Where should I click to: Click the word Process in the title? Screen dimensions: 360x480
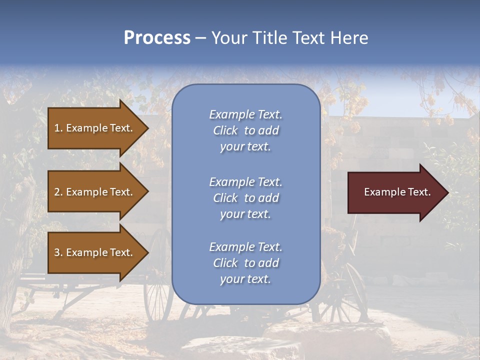[x=157, y=38]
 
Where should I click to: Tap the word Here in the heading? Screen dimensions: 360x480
[x=349, y=38]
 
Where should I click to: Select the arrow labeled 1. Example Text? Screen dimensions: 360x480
[x=95, y=128]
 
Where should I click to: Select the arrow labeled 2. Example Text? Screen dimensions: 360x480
[x=95, y=192]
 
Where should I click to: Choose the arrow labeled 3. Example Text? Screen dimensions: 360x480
[x=95, y=252]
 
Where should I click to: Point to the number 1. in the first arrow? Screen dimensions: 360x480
[x=58, y=128]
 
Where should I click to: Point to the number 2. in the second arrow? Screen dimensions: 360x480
[x=58, y=192]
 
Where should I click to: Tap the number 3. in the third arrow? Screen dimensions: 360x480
[x=58, y=252]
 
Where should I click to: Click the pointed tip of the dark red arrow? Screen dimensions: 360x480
[x=446, y=192]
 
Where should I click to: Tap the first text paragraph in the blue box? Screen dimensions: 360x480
[x=245, y=130]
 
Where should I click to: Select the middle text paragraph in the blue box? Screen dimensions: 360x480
[x=245, y=198]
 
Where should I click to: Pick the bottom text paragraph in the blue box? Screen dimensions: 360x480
[x=245, y=263]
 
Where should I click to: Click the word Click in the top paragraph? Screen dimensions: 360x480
[x=225, y=130]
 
